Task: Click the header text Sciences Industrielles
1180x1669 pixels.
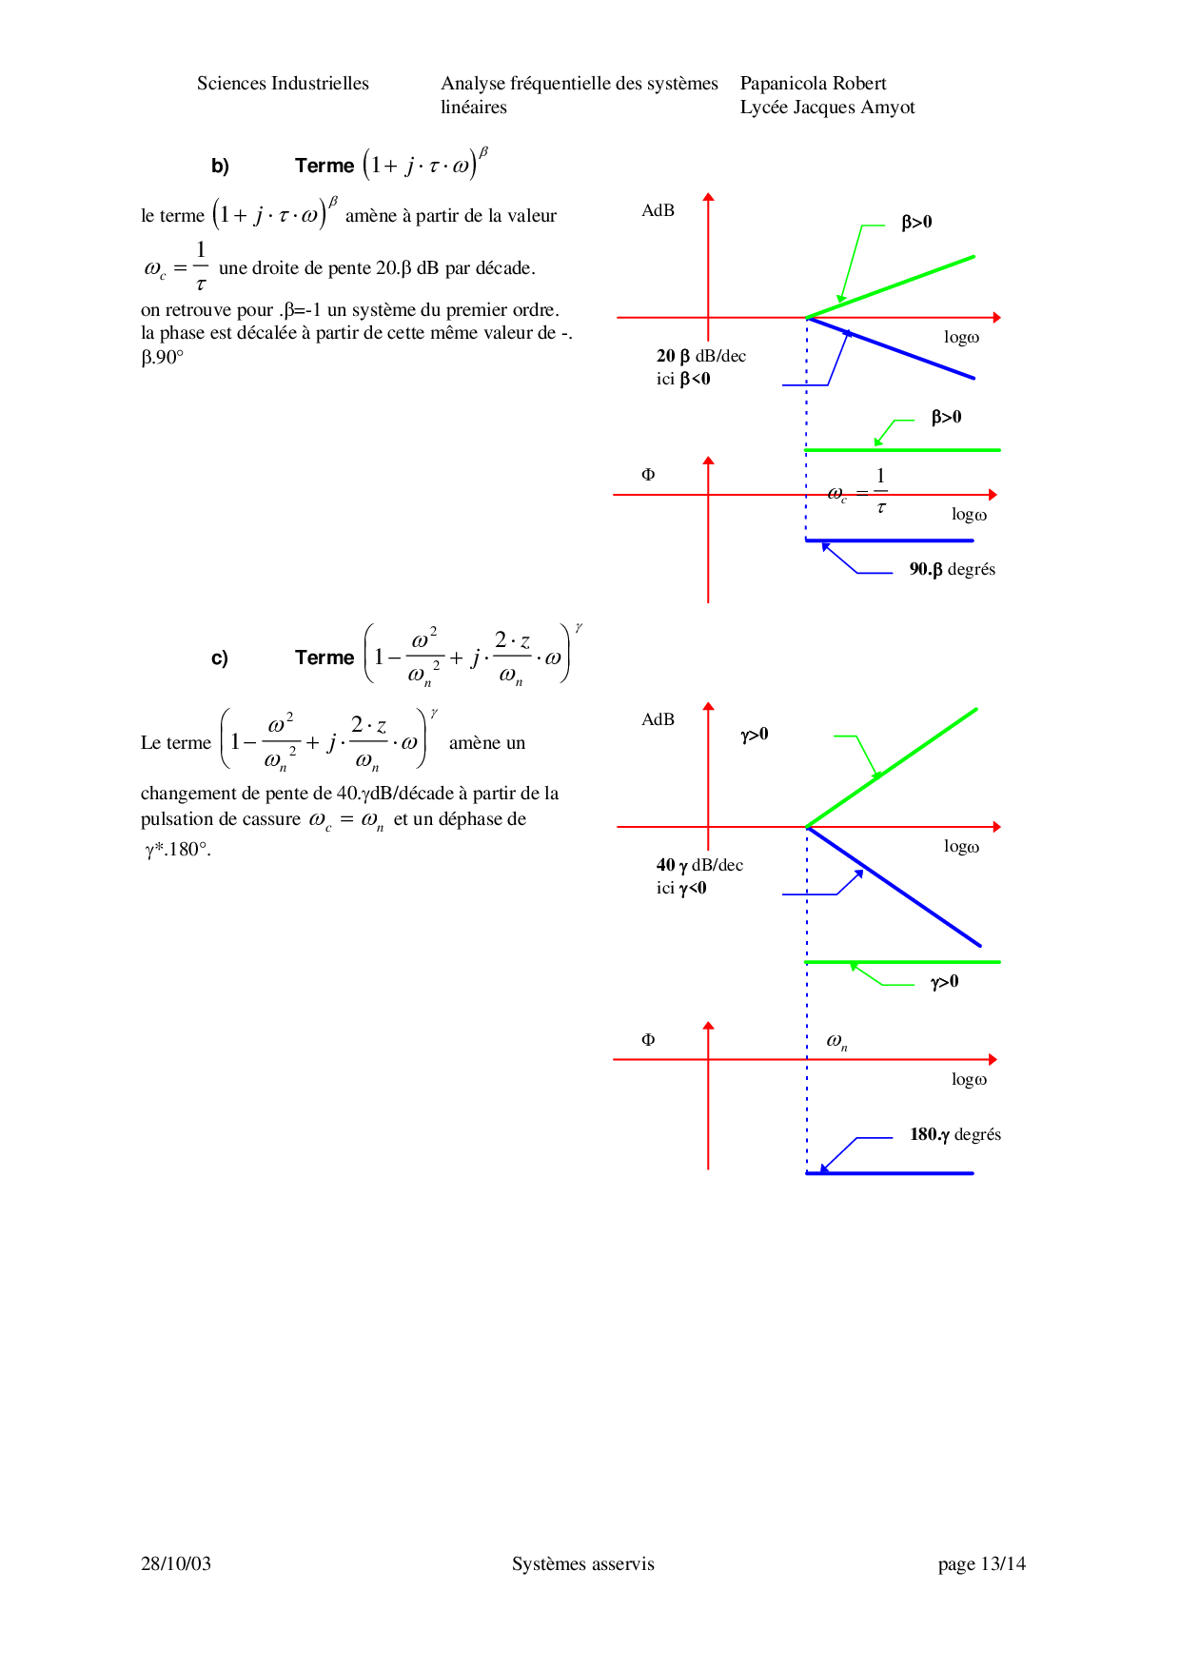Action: [283, 84]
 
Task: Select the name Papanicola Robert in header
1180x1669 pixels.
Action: [813, 84]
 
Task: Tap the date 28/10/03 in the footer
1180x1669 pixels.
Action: [176, 1563]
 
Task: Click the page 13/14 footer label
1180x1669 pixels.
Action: [981, 1563]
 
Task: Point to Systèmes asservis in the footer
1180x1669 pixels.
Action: [582, 1563]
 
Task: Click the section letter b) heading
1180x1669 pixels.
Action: [220, 167]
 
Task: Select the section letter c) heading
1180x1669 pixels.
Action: [220, 658]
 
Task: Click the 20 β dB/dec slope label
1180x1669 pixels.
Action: [700, 356]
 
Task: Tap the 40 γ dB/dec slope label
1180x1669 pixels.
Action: [699, 865]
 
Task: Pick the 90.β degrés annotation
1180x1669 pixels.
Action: [952, 569]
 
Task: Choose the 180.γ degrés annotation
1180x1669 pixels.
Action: [954, 1134]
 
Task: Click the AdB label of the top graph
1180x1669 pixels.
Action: [658, 210]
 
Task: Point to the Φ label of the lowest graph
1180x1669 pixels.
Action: [648, 1039]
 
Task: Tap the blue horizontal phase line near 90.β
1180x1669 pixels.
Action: [889, 540]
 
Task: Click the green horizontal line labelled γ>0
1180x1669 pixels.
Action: [902, 962]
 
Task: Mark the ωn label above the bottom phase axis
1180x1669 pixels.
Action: [836, 1041]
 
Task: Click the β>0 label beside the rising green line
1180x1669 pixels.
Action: [916, 222]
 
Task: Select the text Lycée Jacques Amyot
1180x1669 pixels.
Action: [827, 108]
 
